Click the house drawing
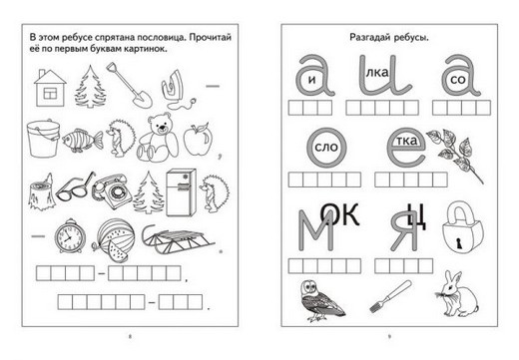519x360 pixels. pos(50,88)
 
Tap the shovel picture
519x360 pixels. pos(130,85)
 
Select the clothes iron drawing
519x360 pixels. pos(177,90)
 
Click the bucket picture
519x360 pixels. pos(43,139)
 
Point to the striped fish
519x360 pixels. pos(83,141)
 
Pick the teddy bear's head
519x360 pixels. pos(159,125)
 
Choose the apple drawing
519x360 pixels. pos(198,140)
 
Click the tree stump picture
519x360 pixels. pos(42,192)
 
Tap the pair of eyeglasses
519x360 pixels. pos(75,186)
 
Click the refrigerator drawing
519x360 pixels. pos(181,192)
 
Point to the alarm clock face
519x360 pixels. pos(70,237)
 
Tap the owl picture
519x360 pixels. pos(320,301)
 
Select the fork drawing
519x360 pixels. pos(390,296)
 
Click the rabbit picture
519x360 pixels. pos(458,294)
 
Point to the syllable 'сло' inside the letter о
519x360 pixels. pos(326,147)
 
